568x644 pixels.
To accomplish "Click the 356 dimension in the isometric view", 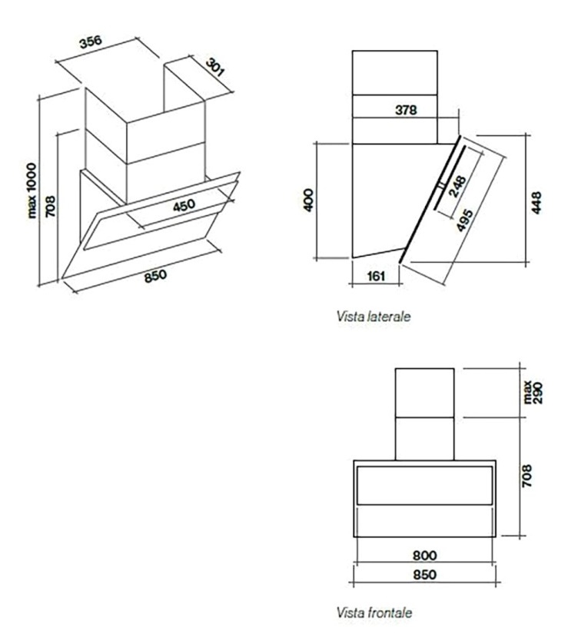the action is coord(91,42).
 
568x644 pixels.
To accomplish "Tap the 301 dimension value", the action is coord(214,68).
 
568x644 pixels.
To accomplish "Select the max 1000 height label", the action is coord(31,191).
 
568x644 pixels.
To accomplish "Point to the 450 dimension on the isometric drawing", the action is coord(184,205).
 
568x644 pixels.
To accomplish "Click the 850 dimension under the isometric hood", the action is coord(156,276).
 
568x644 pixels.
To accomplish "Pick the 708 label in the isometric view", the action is coord(50,207).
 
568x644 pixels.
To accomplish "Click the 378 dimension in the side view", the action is coord(405,110).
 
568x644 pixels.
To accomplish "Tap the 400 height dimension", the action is coord(308,200).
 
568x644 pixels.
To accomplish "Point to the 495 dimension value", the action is coord(464,220).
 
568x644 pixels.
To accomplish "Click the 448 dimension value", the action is coord(536,202).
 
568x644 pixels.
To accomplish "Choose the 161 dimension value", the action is coord(376,276).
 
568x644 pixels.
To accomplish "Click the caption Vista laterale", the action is coord(374,317).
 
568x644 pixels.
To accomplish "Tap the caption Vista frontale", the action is coord(374,612).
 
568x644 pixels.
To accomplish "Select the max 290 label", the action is coord(533,393).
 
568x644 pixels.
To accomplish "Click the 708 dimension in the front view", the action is coord(526,476).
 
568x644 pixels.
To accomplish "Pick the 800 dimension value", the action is coord(424,556).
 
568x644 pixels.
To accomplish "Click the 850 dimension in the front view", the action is coord(424,574).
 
